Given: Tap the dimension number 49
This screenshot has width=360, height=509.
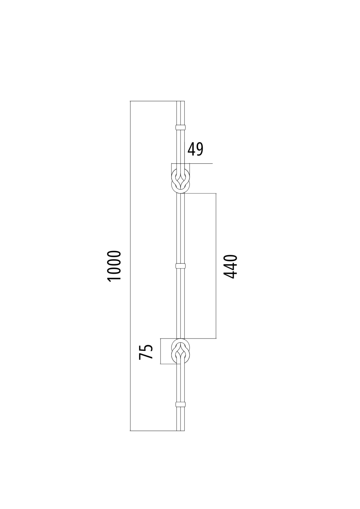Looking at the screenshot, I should click(x=195, y=149).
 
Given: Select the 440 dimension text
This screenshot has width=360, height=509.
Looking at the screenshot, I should click(x=231, y=266).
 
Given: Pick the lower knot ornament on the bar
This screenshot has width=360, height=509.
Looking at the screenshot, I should click(x=181, y=351).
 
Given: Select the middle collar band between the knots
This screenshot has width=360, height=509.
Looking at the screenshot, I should click(x=180, y=266).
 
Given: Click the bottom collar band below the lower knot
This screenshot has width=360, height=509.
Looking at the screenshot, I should click(x=180, y=404).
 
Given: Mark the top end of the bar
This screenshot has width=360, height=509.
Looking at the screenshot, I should click(x=180, y=102).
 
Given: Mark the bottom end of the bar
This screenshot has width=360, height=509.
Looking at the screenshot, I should click(x=180, y=430).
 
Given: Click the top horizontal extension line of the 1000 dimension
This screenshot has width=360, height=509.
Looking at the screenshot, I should click(x=152, y=101).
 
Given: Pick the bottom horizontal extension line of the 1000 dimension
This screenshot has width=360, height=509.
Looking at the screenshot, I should click(x=152, y=431).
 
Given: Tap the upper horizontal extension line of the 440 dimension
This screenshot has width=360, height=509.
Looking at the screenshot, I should click(x=200, y=193).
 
